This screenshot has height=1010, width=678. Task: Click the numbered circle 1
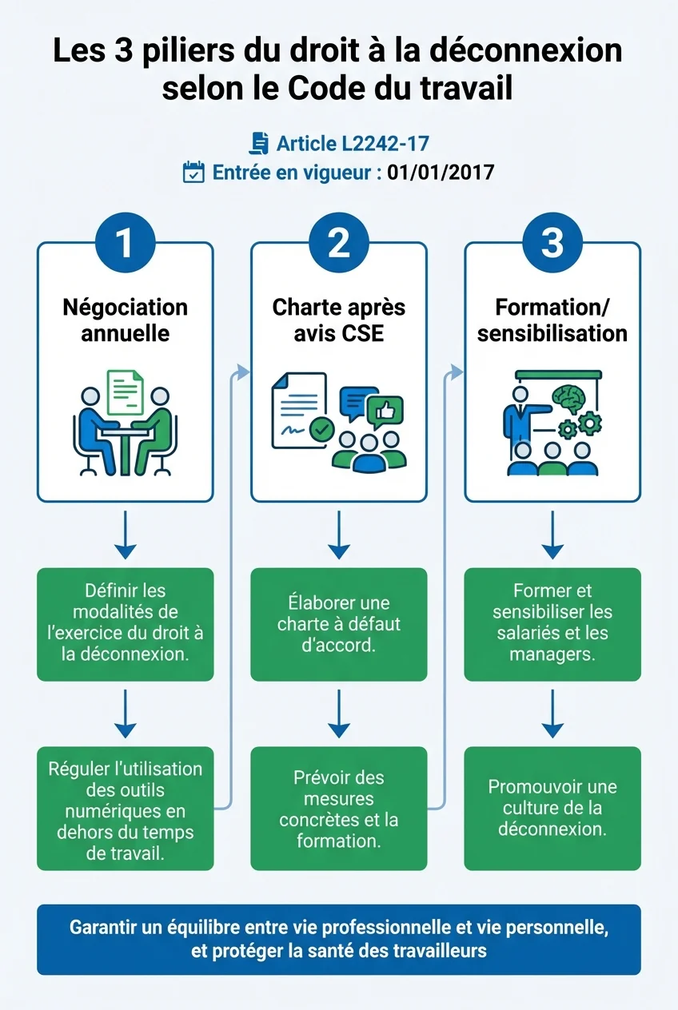click(125, 244)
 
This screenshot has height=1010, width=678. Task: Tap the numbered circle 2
click(339, 244)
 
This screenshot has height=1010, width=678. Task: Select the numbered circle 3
click(552, 244)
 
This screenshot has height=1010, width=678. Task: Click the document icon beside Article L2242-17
click(259, 143)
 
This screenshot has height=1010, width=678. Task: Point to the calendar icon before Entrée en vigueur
click(193, 173)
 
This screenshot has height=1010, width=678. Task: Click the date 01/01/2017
click(441, 173)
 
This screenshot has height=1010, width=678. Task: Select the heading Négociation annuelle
click(125, 320)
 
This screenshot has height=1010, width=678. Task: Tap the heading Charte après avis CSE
click(339, 320)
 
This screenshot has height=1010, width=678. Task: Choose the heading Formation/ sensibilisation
click(552, 320)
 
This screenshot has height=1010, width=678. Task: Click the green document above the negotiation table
click(126, 392)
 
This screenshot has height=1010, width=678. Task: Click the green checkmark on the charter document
click(321, 429)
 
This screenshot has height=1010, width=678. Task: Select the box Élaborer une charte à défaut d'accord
click(339, 624)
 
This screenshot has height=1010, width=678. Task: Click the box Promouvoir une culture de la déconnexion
click(552, 808)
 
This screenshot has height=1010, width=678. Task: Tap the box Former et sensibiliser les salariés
click(552, 624)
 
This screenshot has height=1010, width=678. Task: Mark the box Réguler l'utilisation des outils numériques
click(125, 808)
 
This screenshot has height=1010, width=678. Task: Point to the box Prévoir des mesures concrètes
click(339, 808)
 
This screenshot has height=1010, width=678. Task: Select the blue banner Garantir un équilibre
click(339, 940)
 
